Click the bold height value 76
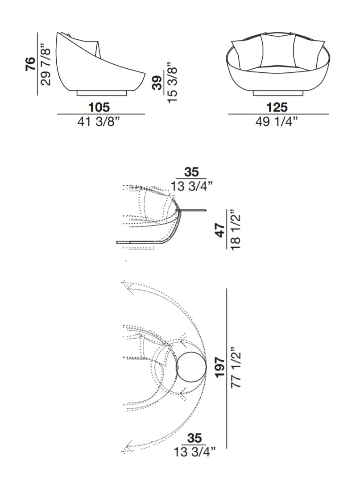[x=31, y=64]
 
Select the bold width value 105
[x=99, y=107]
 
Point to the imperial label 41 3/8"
[x=99, y=121]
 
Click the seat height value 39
[x=157, y=83]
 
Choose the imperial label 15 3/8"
[x=172, y=83]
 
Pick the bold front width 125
[x=277, y=107]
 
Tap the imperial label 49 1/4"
[x=277, y=121]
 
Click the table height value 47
[x=220, y=230]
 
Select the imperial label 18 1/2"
[x=235, y=230]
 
